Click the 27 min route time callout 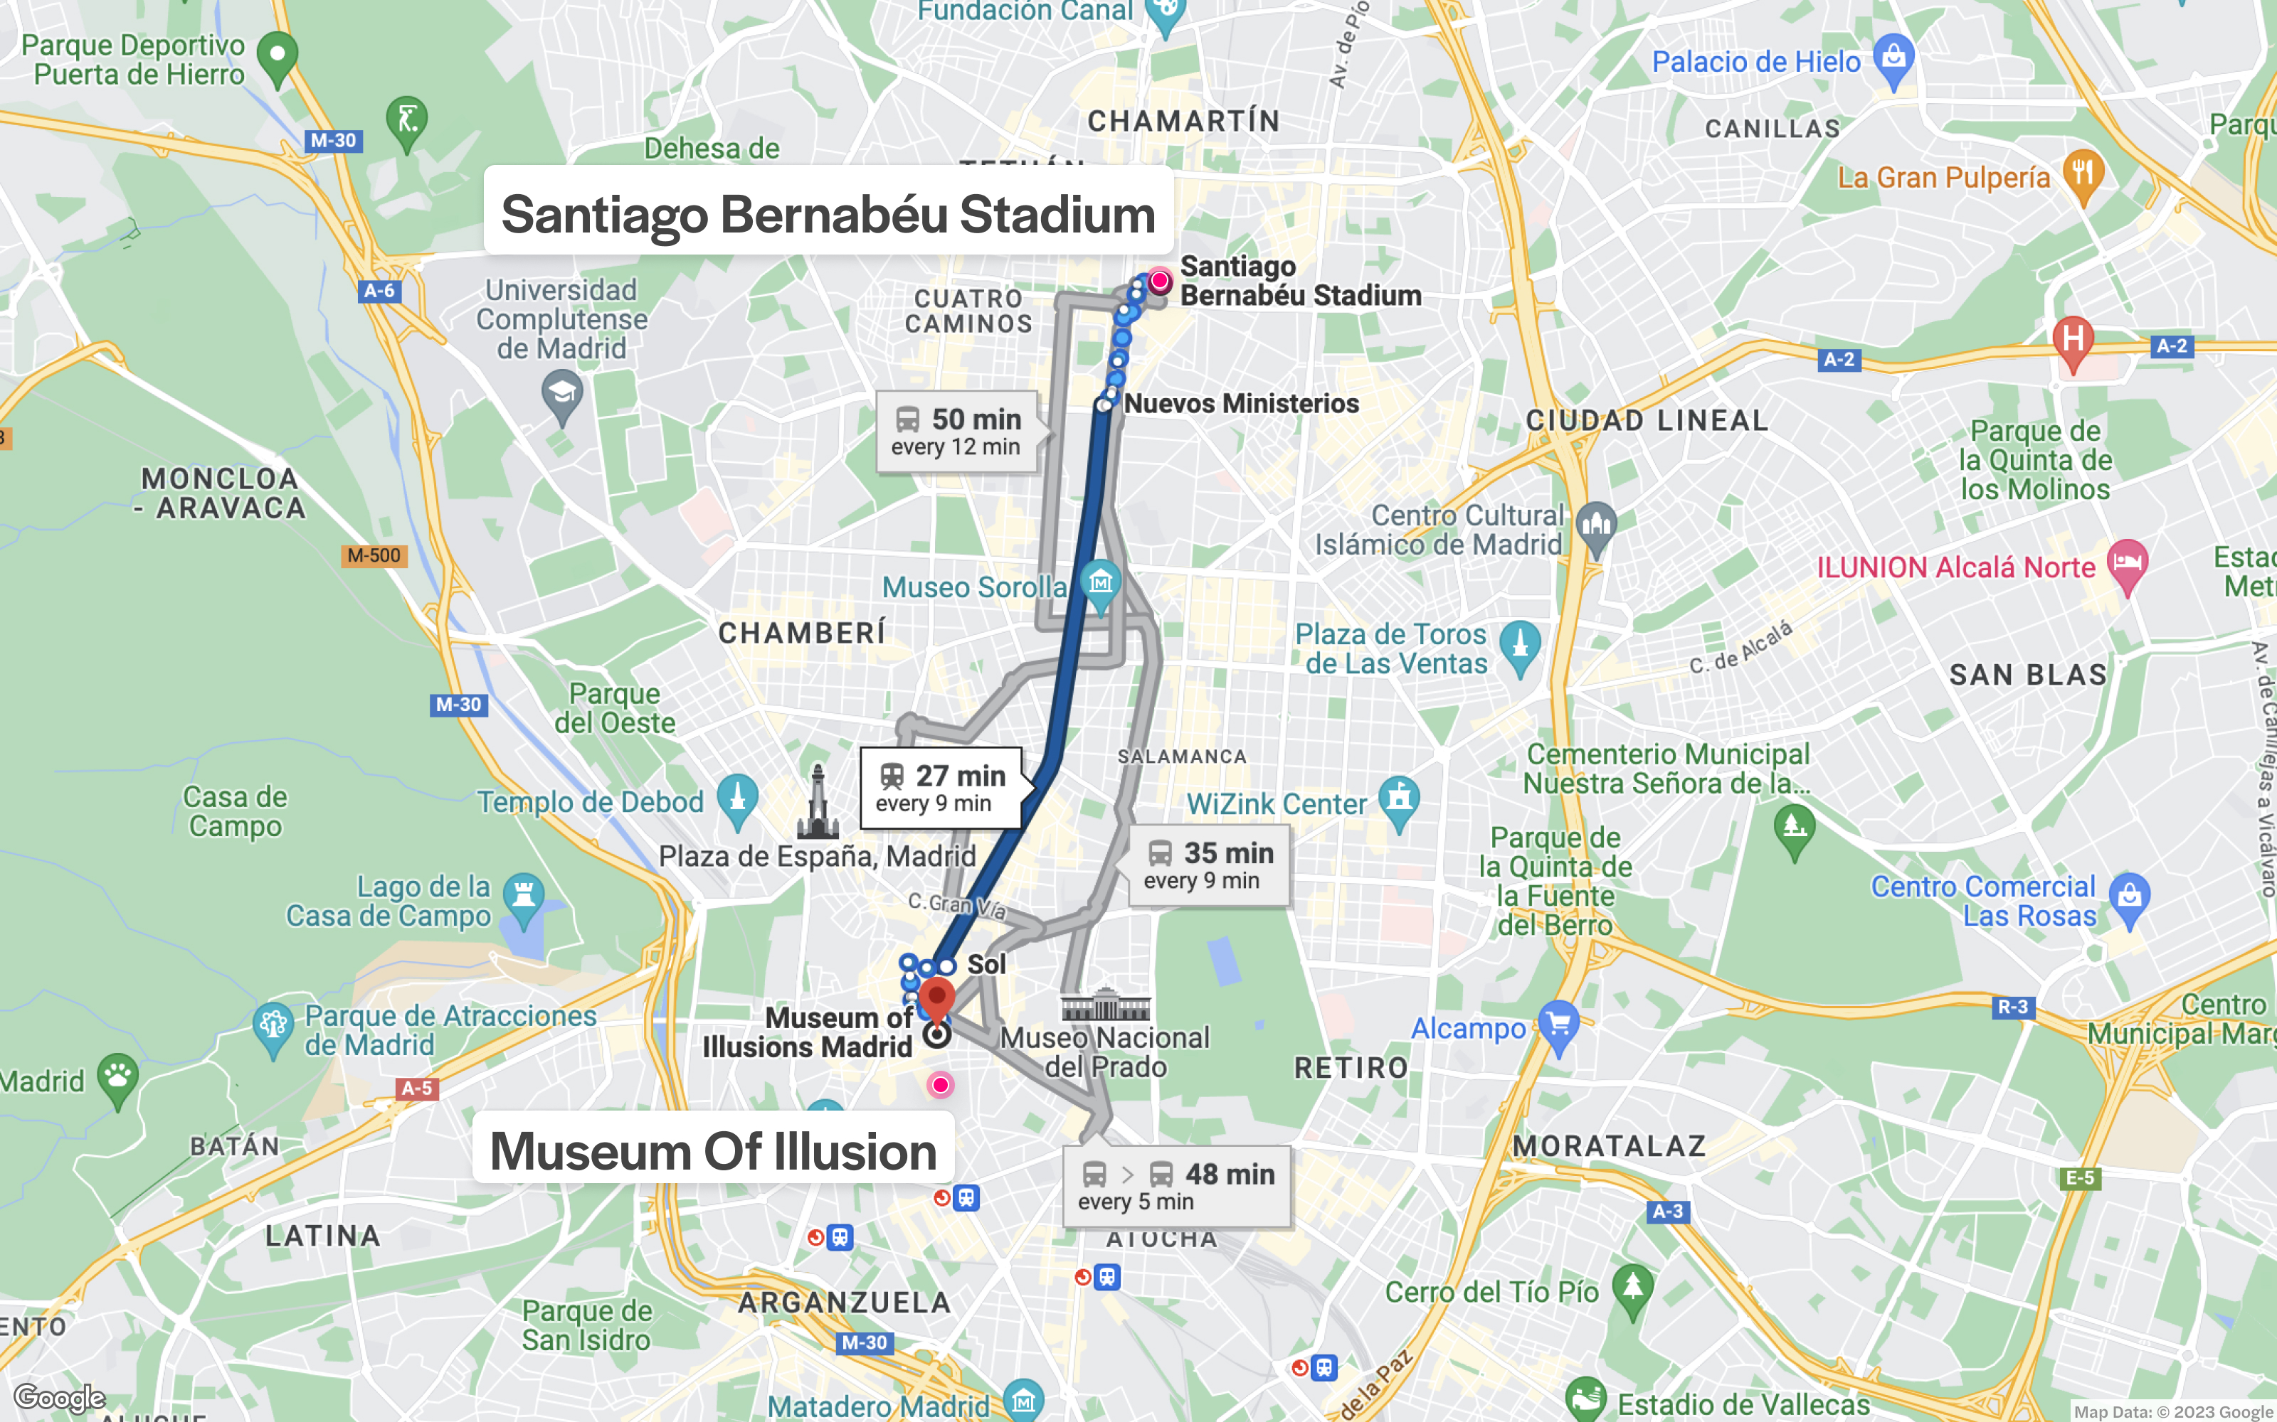(941, 788)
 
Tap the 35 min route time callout (1209, 865)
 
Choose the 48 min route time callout (1176, 1186)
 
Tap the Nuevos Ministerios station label (1241, 403)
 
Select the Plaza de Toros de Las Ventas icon (1520, 645)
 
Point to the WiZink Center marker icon (1399, 801)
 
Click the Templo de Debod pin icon (738, 798)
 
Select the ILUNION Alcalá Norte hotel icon (2128, 565)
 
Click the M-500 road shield (374, 556)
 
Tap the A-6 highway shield (379, 291)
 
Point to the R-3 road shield (2012, 1007)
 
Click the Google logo (59, 1398)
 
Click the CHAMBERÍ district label (802, 633)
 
